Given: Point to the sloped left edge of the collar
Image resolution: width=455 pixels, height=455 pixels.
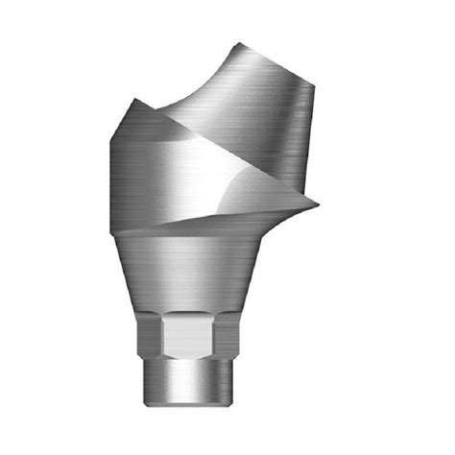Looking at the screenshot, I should coord(130,278).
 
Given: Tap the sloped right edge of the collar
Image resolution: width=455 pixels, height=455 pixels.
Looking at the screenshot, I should coord(252,278).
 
